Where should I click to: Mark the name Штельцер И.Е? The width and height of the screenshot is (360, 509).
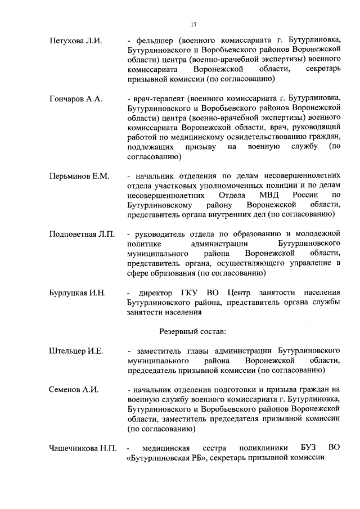(x=76, y=352)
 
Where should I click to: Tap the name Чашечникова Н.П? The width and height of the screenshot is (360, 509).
(x=83, y=448)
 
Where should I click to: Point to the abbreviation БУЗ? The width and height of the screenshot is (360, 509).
(x=309, y=448)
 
